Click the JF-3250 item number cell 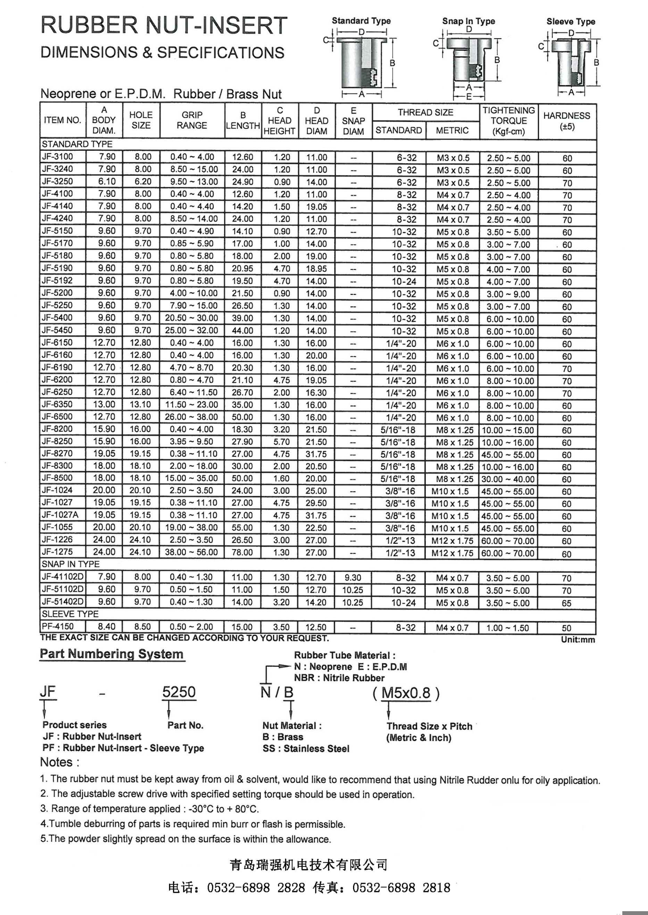[58, 182]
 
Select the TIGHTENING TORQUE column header [508, 121]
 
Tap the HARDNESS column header [567, 121]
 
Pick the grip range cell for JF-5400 [192, 318]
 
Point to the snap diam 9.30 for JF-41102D [353, 578]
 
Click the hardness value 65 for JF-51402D [567, 603]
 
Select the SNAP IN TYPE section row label [70, 564]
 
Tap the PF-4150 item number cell [58, 627]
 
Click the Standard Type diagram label [361, 21]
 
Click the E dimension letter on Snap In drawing [469, 97]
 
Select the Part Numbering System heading [112, 654]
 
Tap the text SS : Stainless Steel [306, 749]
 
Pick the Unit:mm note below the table [578, 640]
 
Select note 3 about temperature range [150, 809]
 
